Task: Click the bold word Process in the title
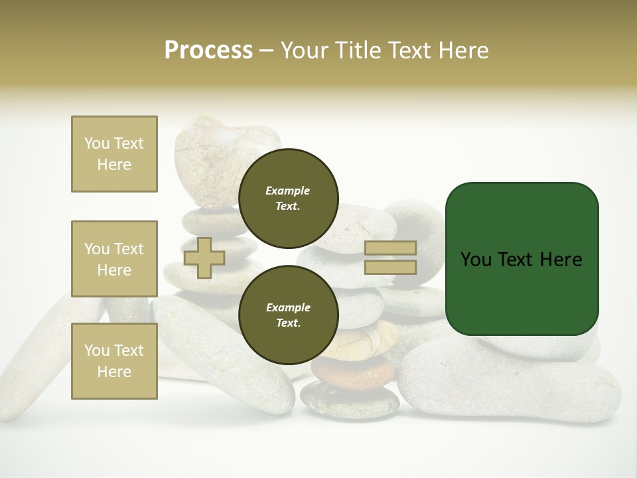pyautogui.click(x=208, y=50)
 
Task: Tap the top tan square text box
pyautogui.click(x=114, y=154)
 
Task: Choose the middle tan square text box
pyautogui.click(x=114, y=259)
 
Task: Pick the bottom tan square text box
pyautogui.click(x=114, y=361)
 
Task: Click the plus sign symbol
pyautogui.click(x=204, y=258)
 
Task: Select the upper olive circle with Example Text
pyautogui.click(x=288, y=198)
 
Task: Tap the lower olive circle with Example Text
pyautogui.click(x=288, y=315)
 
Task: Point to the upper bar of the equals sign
pyautogui.click(x=391, y=248)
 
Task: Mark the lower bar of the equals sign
pyautogui.click(x=391, y=267)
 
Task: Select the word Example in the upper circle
pyautogui.click(x=287, y=191)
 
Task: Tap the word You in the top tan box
pyautogui.click(x=97, y=143)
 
